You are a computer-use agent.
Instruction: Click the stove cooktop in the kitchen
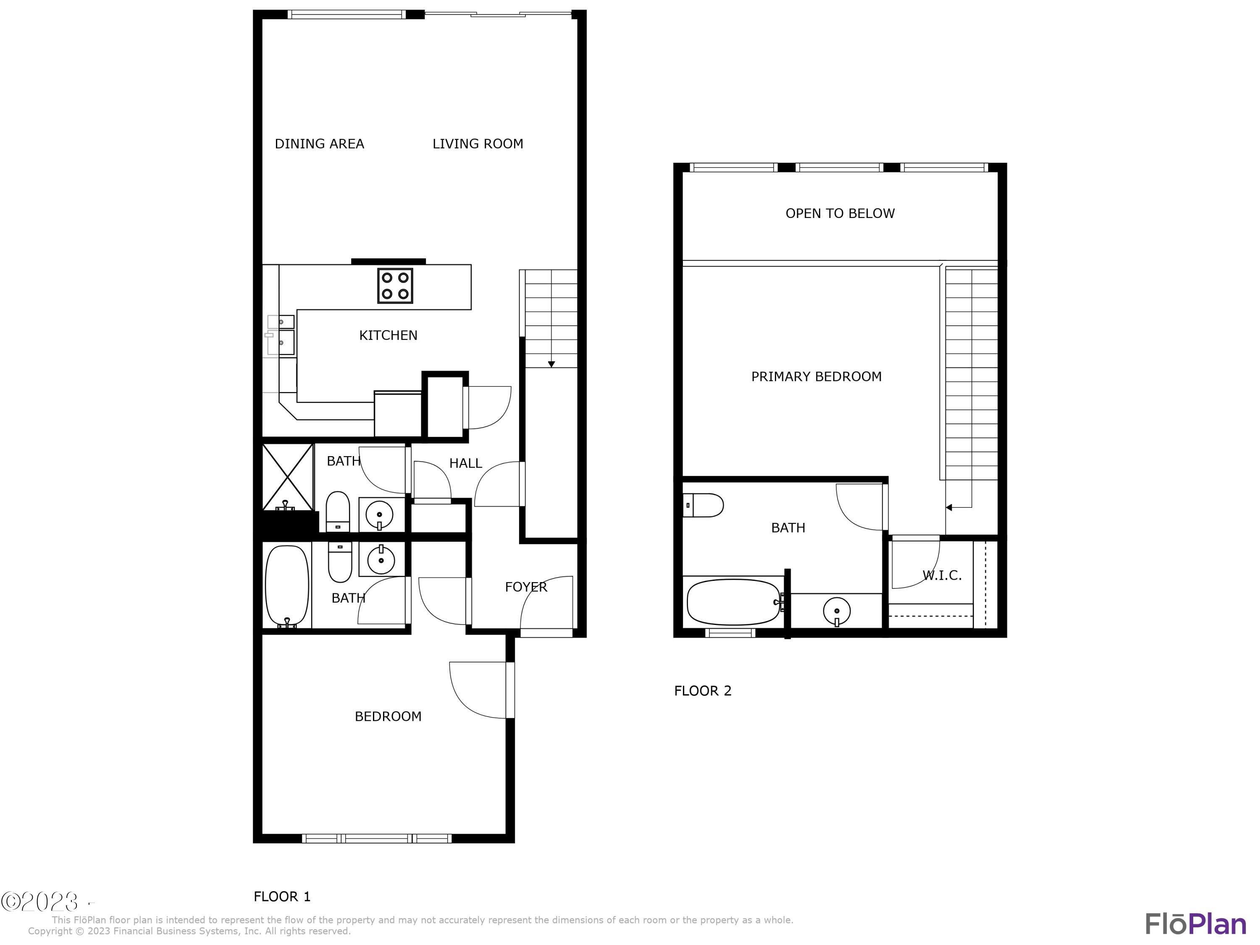(395, 285)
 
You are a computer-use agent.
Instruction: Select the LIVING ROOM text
(478, 144)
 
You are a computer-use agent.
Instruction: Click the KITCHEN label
(388, 335)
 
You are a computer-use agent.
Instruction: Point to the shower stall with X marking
(288, 477)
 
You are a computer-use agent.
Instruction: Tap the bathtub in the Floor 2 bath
(733, 602)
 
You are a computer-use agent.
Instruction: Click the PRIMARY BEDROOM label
(816, 376)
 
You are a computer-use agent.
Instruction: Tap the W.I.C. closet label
(942, 575)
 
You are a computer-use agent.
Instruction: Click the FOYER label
(526, 587)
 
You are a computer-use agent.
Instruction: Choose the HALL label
(465, 463)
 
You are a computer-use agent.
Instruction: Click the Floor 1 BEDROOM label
(388, 716)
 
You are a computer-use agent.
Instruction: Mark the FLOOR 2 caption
(702, 691)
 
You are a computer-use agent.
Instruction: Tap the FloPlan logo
(1195, 924)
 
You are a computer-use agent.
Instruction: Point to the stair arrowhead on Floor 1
(551, 364)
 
